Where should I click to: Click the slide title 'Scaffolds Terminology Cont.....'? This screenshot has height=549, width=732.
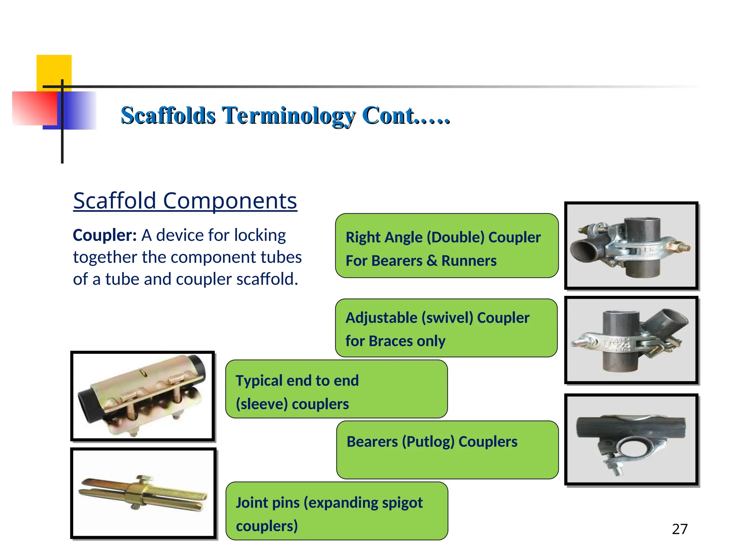[285, 115]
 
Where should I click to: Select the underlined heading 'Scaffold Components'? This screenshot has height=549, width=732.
[185, 201]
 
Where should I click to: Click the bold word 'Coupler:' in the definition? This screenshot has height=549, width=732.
[104, 236]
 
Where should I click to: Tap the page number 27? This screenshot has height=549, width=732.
[679, 529]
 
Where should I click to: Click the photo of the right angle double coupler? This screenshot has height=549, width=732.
[631, 246]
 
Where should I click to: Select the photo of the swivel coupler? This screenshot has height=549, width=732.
[631, 340]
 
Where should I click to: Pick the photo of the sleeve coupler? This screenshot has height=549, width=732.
[143, 396]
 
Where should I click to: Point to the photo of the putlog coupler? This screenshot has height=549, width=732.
[631, 440]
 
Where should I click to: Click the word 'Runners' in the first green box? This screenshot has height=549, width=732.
[469, 261]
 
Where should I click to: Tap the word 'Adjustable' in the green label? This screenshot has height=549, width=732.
[381, 318]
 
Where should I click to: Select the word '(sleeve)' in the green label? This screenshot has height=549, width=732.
[262, 404]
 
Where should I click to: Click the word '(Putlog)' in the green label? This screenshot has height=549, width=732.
[428, 442]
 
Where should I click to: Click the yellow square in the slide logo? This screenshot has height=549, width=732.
[54, 70]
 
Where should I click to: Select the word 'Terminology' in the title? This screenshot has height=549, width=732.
[288, 115]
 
